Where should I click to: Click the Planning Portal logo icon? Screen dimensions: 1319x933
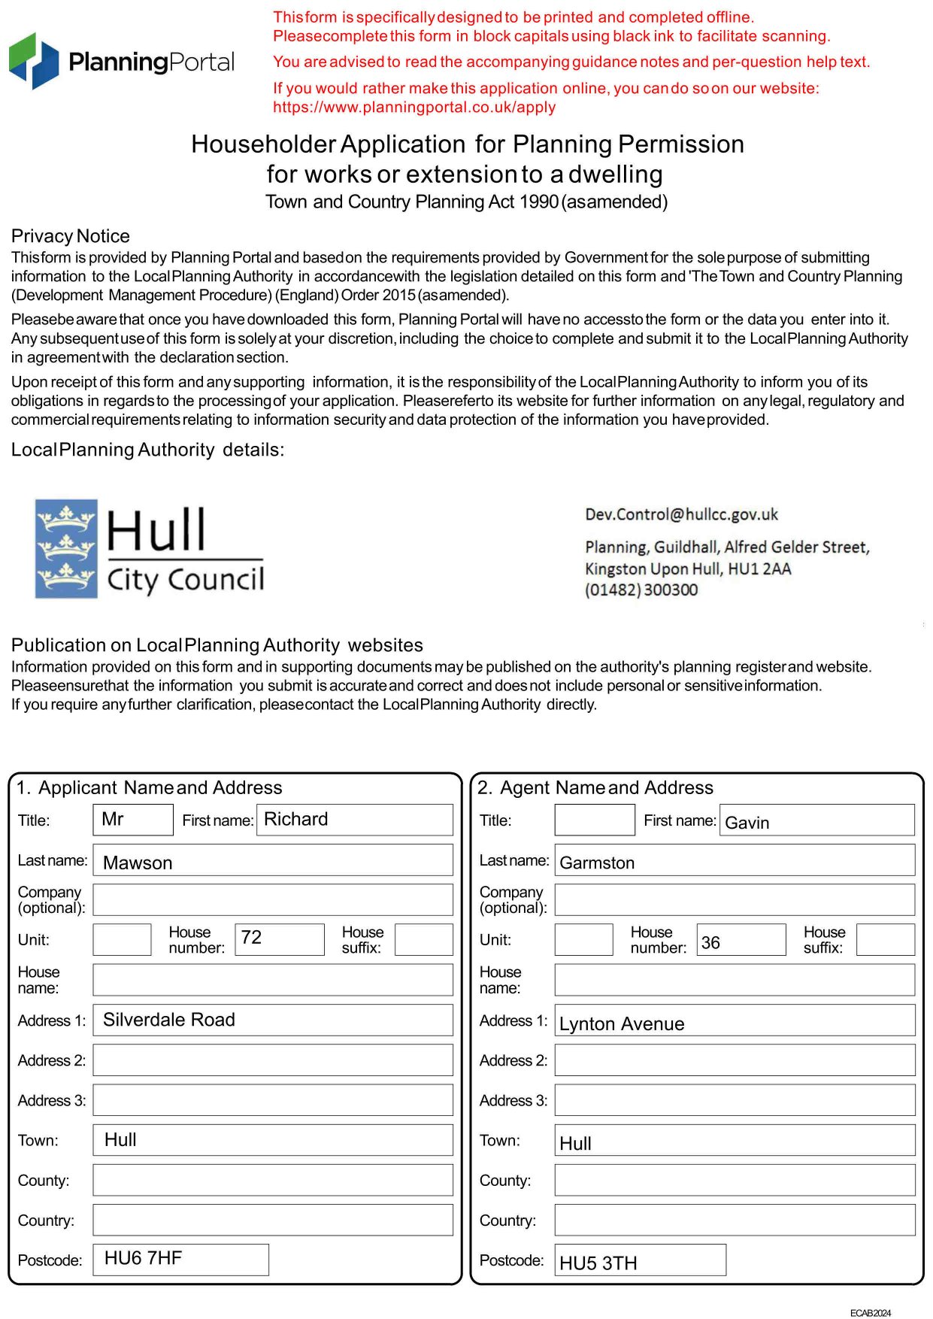pos(34,60)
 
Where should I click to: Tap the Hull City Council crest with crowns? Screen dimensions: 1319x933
pos(66,549)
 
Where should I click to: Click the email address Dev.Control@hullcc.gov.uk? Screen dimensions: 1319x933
pos(681,514)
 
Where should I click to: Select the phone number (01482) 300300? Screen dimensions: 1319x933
pos(641,590)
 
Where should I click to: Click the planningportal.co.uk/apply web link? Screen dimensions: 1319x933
pos(414,107)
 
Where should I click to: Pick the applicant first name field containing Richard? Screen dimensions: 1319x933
pos(354,820)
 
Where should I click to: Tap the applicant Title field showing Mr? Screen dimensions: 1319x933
pos(132,820)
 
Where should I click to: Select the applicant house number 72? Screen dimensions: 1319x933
pos(279,939)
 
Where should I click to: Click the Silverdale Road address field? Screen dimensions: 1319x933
pos(272,1020)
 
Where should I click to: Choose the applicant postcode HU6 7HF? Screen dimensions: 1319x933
pos(180,1260)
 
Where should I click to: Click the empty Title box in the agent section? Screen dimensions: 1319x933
pos(594,820)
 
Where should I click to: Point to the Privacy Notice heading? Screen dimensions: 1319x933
pos(71,236)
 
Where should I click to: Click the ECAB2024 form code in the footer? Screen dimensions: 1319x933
pos(870,1313)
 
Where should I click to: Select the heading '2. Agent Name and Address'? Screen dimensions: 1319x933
pos(595,787)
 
